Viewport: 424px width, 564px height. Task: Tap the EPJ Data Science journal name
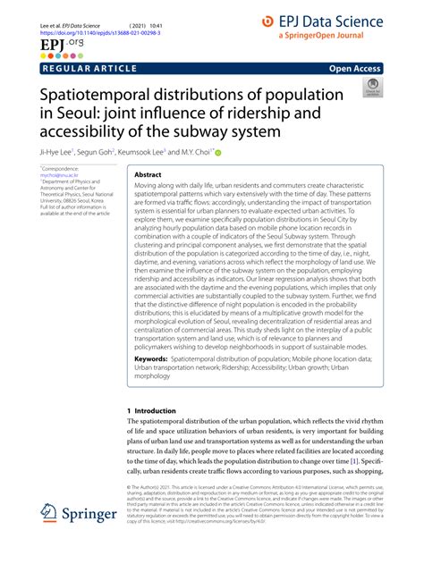coord(343,19)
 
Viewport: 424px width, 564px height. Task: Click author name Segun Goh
coord(111,153)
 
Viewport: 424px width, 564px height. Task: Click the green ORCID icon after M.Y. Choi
coord(242,153)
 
